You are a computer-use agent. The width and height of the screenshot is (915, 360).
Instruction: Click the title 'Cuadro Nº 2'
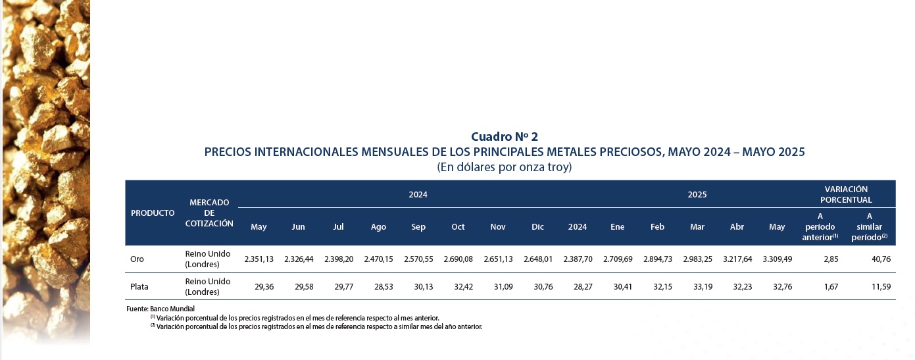505,137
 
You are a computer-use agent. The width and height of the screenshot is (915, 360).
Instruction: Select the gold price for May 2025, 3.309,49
777,259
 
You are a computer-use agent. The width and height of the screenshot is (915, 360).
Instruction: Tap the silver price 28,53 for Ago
378,287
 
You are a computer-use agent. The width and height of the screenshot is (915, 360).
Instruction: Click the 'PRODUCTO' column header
153,213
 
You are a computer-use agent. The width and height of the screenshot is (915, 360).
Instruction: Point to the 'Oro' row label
137,259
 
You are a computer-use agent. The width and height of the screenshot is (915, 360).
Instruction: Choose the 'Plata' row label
139,287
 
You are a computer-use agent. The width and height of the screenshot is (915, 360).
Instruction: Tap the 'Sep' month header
418,227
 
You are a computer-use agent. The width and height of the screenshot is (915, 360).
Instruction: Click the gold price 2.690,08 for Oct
458,259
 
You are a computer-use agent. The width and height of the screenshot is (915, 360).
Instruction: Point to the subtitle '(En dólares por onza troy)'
505,167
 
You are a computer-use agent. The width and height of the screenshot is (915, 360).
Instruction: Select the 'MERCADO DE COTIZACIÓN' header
209,213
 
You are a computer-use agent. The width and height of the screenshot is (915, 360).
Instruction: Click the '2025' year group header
697,195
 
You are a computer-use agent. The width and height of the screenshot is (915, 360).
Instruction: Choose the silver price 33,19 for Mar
697,287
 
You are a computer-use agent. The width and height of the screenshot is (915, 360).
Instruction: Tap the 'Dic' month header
537,227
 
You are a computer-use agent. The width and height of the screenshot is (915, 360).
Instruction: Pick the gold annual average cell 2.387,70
578,259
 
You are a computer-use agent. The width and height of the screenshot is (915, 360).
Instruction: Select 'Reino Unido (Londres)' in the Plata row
208,287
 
